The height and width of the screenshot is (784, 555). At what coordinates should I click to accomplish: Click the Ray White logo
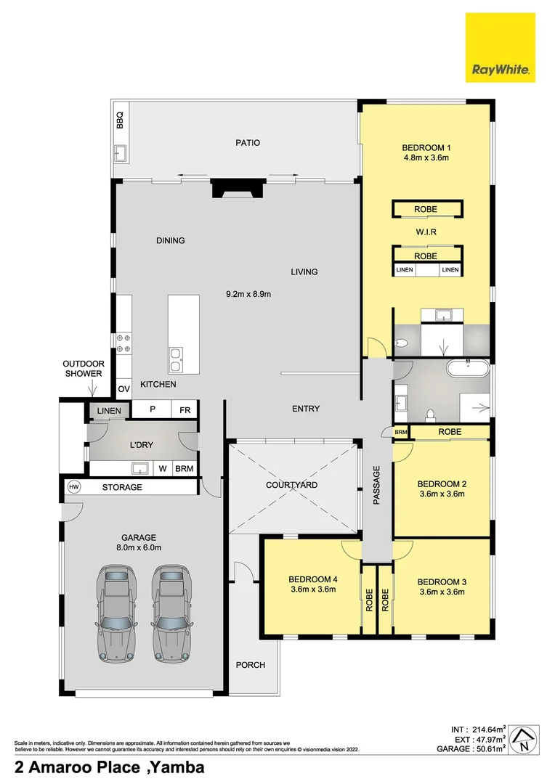tap(501, 47)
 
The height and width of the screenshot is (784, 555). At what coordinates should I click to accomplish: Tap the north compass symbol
tap(522, 740)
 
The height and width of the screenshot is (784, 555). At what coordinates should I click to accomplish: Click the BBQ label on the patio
tap(121, 120)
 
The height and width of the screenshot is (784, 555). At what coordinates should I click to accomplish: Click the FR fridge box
tap(185, 410)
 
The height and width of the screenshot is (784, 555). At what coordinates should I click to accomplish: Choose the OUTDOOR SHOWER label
tap(84, 369)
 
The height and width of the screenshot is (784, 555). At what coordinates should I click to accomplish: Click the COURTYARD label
tap(291, 485)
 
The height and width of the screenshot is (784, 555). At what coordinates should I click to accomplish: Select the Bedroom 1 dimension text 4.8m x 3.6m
tap(426, 158)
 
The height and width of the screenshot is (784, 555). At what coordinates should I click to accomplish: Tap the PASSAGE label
tap(376, 486)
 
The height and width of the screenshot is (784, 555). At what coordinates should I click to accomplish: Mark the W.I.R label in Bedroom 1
tap(426, 232)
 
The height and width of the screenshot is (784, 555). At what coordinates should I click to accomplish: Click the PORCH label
tap(251, 665)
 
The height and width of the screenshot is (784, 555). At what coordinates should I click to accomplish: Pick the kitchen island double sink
tap(175, 356)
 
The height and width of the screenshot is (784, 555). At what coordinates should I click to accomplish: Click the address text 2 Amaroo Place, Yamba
tap(110, 767)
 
